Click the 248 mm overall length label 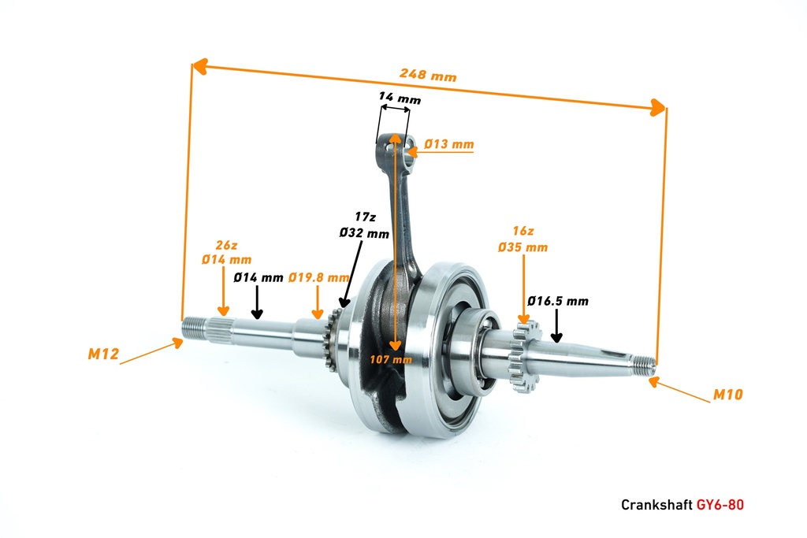(428, 76)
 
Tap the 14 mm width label (400, 98)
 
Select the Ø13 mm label (448, 144)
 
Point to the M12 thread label (103, 354)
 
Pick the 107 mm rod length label (391, 359)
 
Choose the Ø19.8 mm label (318, 277)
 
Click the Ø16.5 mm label (558, 301)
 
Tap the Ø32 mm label (364, 234)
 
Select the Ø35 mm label (523, 247)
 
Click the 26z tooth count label (225, 244)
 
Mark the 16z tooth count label (523, 232)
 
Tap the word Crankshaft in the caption (657, 504)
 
